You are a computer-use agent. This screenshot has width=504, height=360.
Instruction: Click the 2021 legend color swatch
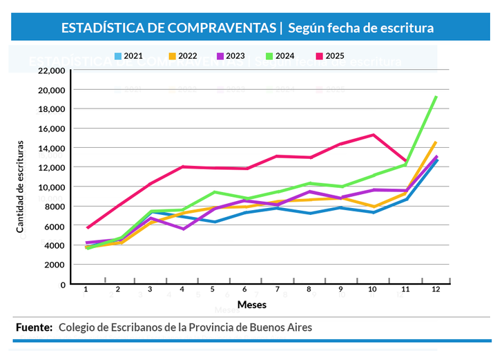coord(119,56)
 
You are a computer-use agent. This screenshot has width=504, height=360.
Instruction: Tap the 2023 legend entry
coord(231,56)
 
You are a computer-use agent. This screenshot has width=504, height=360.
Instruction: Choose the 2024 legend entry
coord(280,56)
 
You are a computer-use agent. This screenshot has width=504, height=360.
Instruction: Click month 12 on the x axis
coord(435,290)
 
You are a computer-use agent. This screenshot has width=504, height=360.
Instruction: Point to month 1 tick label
coord(86,290)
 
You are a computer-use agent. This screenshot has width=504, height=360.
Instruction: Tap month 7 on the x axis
coord(277,290)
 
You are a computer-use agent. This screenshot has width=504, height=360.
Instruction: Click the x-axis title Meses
coord(252,304)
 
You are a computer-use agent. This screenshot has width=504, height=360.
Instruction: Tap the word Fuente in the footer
coord(34,327)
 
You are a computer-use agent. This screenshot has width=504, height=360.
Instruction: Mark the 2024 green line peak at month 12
coord(436,97)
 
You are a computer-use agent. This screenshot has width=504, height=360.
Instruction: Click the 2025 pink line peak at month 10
coord(373,135)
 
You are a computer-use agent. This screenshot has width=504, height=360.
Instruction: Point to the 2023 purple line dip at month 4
coord(182,229)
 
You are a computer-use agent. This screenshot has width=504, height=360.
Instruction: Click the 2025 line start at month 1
coord(87,227)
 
